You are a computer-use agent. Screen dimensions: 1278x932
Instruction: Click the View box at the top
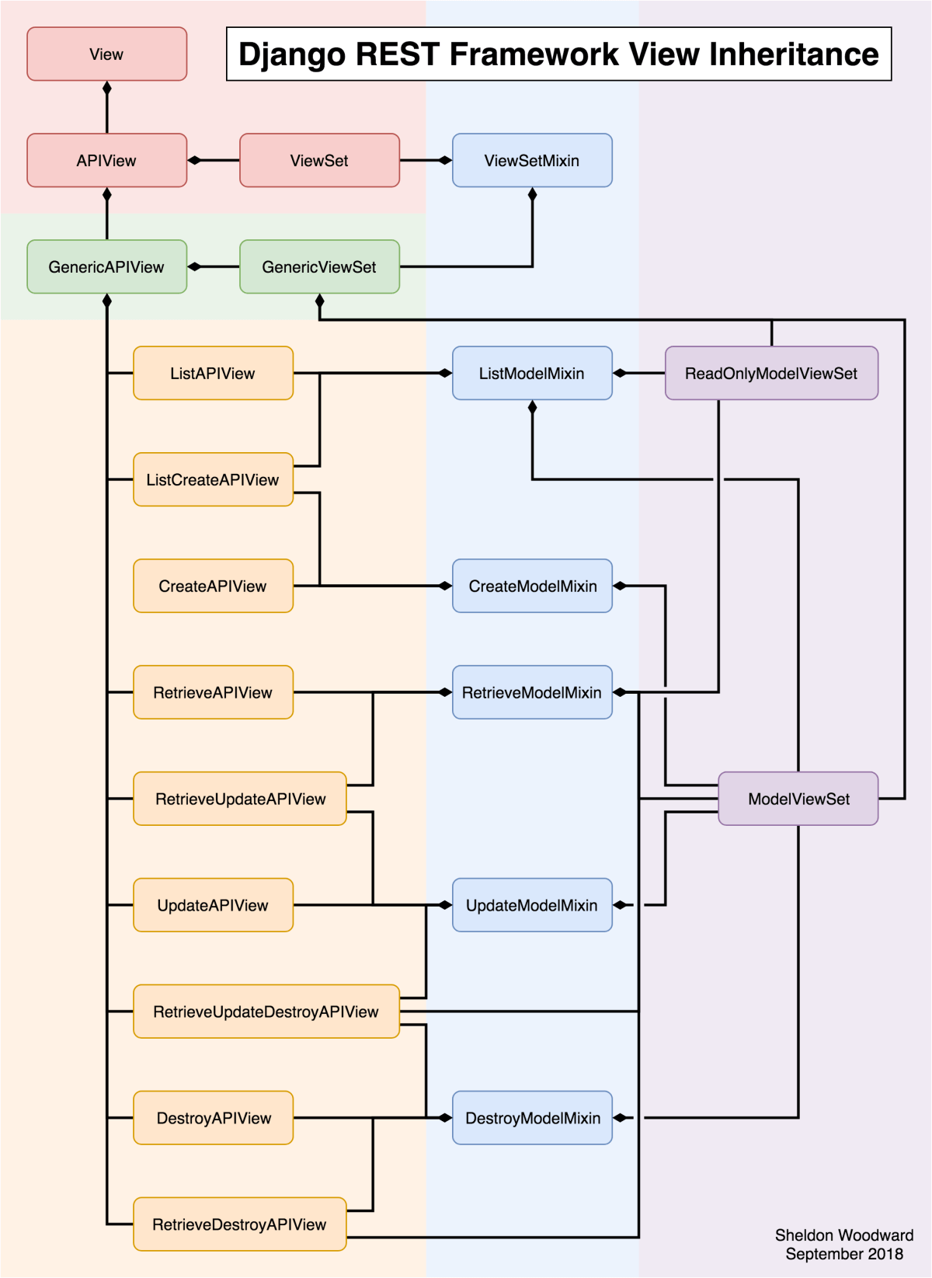point(106,54)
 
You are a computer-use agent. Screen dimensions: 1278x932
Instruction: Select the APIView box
point(106,161)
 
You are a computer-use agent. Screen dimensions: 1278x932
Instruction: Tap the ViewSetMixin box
point(532,161)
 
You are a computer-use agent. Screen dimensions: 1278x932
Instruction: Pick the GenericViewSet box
point(319,267)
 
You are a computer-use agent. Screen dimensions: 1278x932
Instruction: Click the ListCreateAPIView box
point(213,480)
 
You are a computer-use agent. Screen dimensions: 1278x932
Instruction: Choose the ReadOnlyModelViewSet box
point(771,374)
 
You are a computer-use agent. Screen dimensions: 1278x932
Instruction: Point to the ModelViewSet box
point(798,799)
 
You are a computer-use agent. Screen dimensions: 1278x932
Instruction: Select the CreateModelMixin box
point(532,587)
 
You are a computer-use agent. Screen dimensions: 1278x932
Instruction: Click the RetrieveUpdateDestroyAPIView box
point(266,1012)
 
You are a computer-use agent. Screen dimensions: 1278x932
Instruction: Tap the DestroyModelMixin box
point(532,1118)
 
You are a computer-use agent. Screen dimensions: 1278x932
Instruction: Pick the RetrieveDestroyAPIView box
point(239,1224)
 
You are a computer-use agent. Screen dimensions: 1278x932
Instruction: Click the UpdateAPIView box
point(213,905)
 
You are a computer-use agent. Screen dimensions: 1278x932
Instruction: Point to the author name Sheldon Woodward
point(843,1235)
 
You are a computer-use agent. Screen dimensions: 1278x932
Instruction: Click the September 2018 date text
point(843,1254)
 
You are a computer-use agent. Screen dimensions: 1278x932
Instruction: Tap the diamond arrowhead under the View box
point(107,89)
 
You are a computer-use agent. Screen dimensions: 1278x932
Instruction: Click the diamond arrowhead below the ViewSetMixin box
point(532,195)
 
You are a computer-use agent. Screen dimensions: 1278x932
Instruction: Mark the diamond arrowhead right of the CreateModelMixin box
point(621,586)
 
